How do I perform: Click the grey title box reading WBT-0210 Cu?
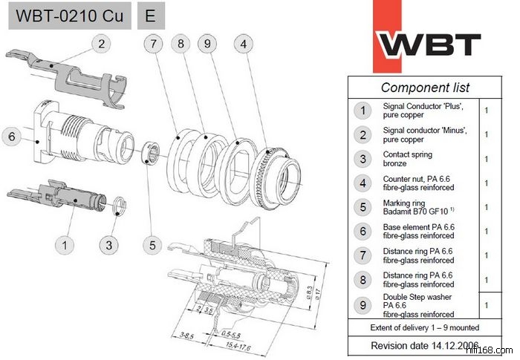point(69,16)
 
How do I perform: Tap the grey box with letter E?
point(151,16)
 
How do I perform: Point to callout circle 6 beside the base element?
point(11,137)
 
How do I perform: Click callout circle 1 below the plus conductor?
point(65,243)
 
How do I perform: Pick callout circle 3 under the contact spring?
point(110,243)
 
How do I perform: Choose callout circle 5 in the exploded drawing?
point(152,243)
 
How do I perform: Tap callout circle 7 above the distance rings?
point(153,45)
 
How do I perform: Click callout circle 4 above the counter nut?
point(243,45)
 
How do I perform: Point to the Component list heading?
point(425,88)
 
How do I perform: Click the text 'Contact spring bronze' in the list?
point(406,159)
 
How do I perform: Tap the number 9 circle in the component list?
point(363,304)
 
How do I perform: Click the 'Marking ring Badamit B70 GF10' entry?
point(416,207)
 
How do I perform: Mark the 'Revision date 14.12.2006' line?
point(424,345)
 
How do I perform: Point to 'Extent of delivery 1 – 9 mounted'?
point(424,327)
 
